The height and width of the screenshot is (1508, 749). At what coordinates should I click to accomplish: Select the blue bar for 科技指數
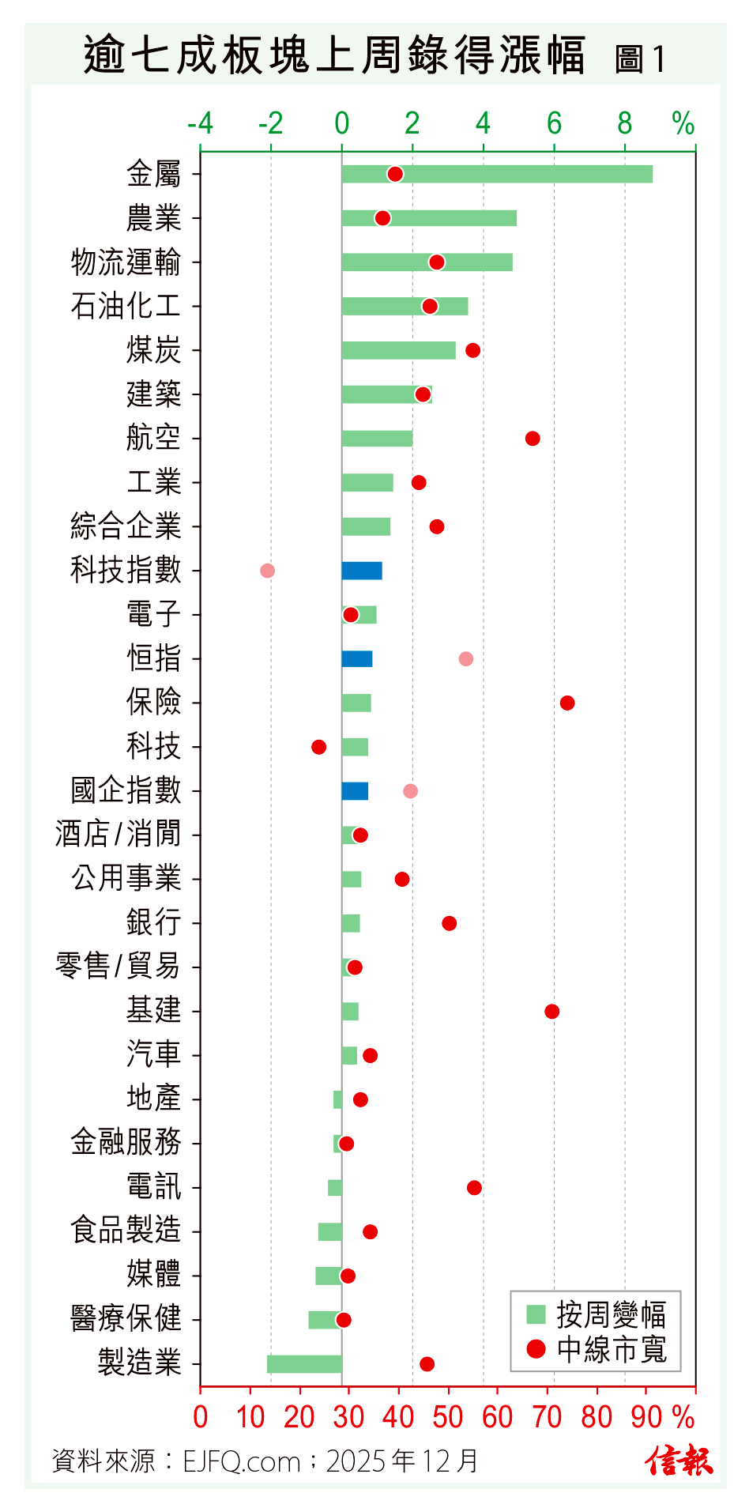pos(362,571)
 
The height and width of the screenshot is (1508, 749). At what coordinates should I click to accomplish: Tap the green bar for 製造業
pos(304,1364)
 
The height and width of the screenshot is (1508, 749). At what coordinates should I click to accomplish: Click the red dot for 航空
pos(533,439)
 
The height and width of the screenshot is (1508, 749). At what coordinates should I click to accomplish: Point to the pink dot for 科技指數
pos(268,571)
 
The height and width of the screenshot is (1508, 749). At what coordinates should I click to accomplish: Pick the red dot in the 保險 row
pos(567,703)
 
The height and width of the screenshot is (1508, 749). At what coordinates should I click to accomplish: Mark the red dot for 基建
pos(552,1012)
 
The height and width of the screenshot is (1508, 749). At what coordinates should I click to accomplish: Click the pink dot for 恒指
pos(466,659)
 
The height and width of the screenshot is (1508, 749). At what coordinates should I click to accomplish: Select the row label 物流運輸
pos(126,262)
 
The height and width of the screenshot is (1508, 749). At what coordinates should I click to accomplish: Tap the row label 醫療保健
pos(126,1319)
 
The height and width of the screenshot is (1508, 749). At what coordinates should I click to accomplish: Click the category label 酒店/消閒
pos(118,835)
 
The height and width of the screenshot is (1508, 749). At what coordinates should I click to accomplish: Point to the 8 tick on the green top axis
pos(625,124)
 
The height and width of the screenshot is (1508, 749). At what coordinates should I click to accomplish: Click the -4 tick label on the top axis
pos(200,124)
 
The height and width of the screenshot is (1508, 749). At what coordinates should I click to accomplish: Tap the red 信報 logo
pos(679,1461)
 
